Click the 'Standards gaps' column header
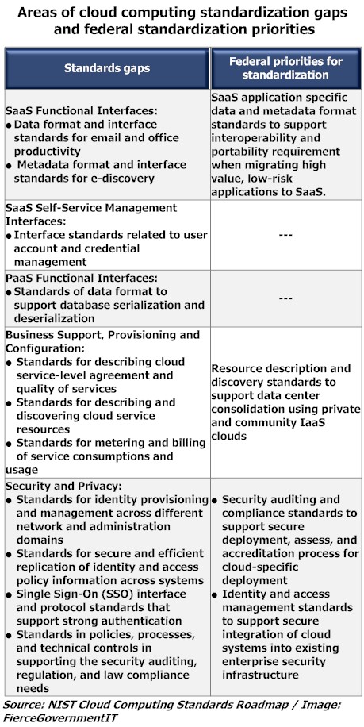pos(105,68)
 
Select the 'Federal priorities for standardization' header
pos(289,68)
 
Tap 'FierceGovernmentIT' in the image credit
pos(56,717)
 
